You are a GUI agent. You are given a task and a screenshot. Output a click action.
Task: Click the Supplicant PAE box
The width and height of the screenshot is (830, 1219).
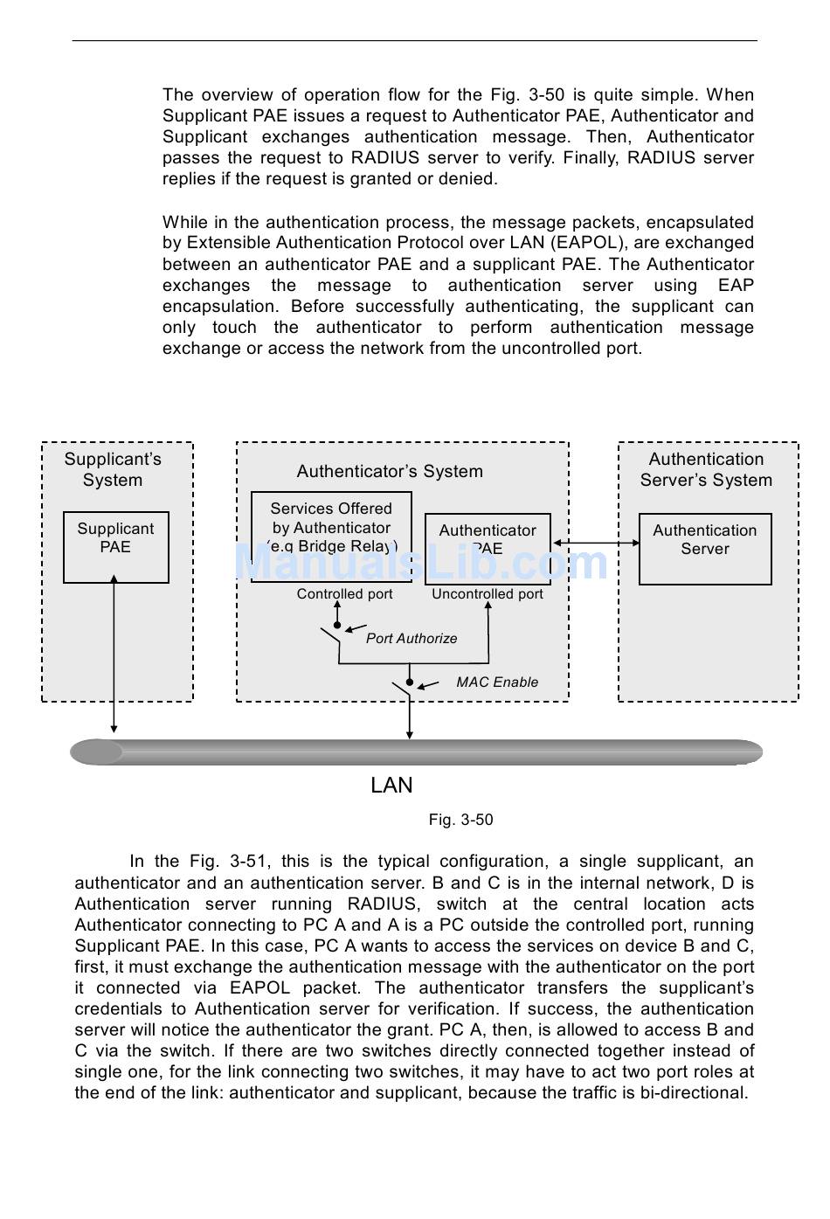coord(115,547)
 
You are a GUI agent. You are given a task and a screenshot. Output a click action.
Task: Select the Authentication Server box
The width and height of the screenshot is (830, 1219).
coord(705,549)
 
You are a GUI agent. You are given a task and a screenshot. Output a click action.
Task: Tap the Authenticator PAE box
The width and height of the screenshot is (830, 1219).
coord(488,549)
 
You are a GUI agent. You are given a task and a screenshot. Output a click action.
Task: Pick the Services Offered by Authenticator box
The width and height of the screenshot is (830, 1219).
coord(331,537)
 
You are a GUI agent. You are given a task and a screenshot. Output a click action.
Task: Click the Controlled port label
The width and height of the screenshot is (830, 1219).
coord(344,594)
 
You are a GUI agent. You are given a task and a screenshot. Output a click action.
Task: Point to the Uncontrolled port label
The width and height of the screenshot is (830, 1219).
coord(488,594)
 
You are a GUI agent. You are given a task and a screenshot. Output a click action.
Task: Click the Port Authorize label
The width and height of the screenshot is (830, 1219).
coord(412,639)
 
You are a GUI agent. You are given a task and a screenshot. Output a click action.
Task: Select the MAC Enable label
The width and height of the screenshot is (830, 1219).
coord(497,682)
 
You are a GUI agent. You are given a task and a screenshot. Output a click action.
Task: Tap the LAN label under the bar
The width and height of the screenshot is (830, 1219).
coord(391,786)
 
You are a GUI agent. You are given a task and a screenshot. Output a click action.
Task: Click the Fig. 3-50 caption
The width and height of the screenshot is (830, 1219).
coord(460,820)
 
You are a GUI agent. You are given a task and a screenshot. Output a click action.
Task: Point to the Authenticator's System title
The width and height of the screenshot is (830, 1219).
coord(390,472)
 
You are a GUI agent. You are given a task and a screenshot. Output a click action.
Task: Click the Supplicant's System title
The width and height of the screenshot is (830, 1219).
coord(113,470)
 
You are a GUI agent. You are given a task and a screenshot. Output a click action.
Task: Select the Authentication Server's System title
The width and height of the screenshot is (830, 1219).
coord(706,470)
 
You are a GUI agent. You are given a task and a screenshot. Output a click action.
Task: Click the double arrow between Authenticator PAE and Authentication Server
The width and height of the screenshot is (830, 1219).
coord(596,543)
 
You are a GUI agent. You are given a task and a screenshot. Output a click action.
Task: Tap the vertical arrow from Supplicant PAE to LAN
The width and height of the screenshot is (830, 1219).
coord(114,655)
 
